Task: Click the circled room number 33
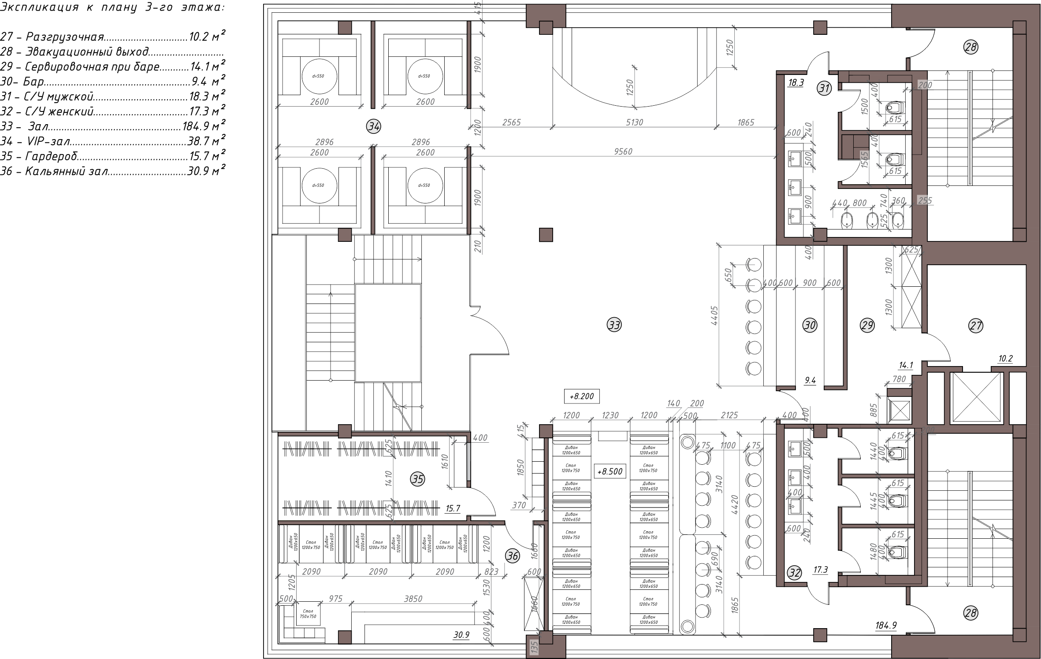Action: coord(614,325)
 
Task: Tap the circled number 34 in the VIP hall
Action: coord(374,127)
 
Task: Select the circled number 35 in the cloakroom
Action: coord(417,479)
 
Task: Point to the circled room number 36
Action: coord(512,556)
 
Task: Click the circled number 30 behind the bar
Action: coord(810,326)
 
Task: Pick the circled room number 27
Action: coord(975,326)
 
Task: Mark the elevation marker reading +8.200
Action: coord(581,396)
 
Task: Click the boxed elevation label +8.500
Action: coord(610,471)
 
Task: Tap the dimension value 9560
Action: coord(623,152)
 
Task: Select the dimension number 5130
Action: coord(634,122)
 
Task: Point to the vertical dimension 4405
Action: coord(715,316)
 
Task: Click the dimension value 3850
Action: coord(413,599)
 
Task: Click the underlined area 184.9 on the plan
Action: coord(885,625)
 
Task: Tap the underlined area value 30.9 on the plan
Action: coord(461,635)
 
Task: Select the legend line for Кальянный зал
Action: coord(113,171)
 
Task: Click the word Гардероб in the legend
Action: coord(52,156)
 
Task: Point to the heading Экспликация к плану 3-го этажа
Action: coord(113,7)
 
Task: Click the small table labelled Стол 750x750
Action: coord(308,614)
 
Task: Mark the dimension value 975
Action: coord(335,599)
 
